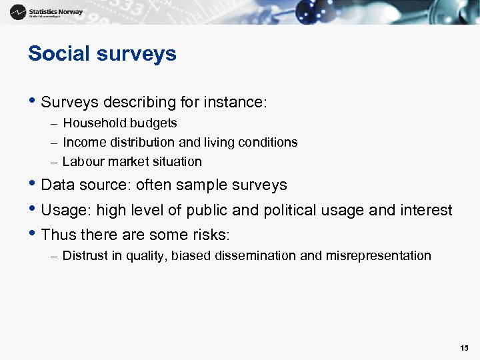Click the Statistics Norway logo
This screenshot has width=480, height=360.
point(47,12)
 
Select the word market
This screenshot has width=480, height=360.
point(128,161)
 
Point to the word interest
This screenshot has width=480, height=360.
point(426,211)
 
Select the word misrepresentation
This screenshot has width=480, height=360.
point(378,255)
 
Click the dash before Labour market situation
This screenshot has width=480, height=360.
point(53,162)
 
